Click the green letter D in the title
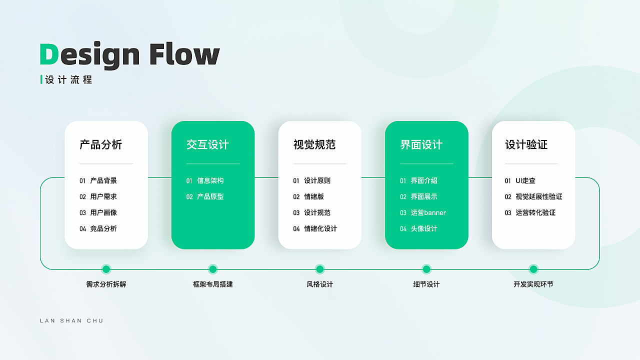(49, 54)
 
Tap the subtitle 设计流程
(68, 79)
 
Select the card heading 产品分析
(101, 144)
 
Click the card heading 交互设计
(207, 144)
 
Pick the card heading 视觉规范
(314, 144)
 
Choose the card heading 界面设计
(421, 144)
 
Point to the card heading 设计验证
(526, 144)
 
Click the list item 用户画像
(103, 212)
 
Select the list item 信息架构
(210, 180)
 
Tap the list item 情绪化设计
(320, 228)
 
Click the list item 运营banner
(428, 212)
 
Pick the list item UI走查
(525, 180)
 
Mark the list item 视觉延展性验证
(539, 196)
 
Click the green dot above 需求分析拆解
(106, 269)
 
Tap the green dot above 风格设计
(319, 269)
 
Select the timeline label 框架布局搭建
(213, 284)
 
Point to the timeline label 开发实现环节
(533, 284)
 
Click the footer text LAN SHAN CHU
(71, 321)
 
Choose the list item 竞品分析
(103, 228)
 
